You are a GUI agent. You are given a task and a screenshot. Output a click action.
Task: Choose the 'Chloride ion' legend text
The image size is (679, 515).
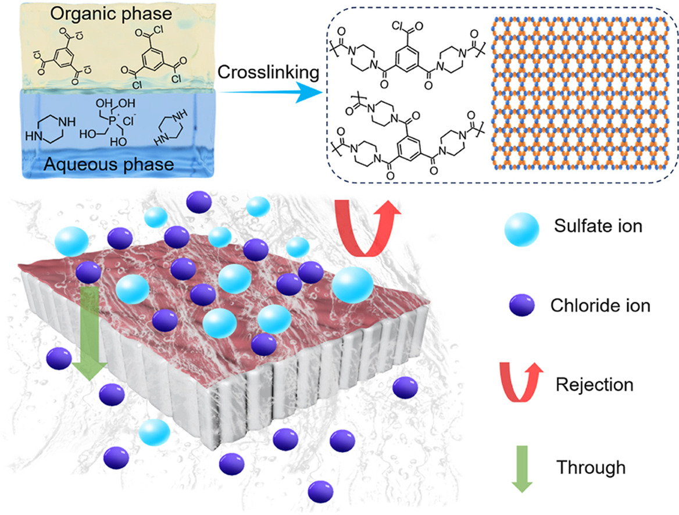point(601,305)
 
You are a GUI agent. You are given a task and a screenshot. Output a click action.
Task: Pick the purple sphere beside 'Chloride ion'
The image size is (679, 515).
point(521,305)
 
